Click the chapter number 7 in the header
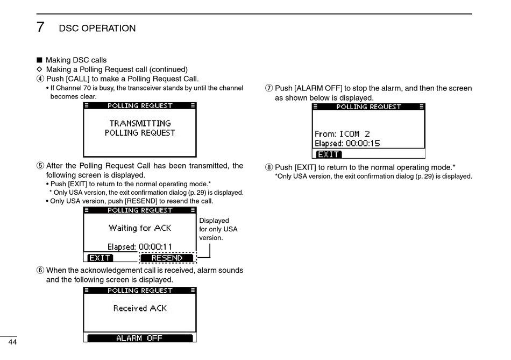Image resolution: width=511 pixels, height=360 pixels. pos(40,27)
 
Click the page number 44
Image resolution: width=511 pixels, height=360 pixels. pos(12,342)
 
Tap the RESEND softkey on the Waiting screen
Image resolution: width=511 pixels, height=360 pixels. pos(167,258)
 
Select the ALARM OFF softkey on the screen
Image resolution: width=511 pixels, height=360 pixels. pos(139,338)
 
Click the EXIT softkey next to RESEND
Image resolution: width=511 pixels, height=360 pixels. pos(100,258)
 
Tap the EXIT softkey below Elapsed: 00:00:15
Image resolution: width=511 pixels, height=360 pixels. pos(328,154)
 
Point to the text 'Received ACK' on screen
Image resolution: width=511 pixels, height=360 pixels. pos(140,308)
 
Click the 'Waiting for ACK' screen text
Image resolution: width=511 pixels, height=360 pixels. pos(140,228)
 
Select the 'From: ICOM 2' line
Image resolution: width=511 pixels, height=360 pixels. pos(342,133)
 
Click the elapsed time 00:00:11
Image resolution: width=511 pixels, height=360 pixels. pos(155,247)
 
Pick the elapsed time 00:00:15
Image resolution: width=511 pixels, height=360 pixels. pos(363,144)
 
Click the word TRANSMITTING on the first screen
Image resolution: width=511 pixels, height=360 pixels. pos(140,123)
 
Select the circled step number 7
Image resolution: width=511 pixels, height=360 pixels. pos(269,88)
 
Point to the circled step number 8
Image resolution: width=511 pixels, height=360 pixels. pos(269,167)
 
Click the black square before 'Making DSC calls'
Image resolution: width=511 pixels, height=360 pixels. pos(39,60)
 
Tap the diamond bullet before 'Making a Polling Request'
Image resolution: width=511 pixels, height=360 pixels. pos(39,69)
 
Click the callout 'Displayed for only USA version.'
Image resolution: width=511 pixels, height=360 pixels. pos(218,229)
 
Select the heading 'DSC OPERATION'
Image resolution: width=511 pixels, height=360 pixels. pos(97,28)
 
